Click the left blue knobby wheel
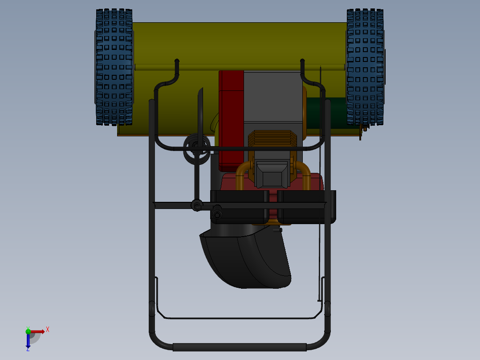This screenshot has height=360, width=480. [114, 67]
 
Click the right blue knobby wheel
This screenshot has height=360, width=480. [365, 67]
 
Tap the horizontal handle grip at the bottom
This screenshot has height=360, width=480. [239, 347]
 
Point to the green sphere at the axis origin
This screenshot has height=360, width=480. [28, 331]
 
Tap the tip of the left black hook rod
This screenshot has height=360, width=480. [177, 60]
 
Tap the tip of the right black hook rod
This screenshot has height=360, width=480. [302, 60]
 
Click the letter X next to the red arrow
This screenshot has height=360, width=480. [48, 329]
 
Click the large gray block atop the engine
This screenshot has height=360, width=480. [273, 96]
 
